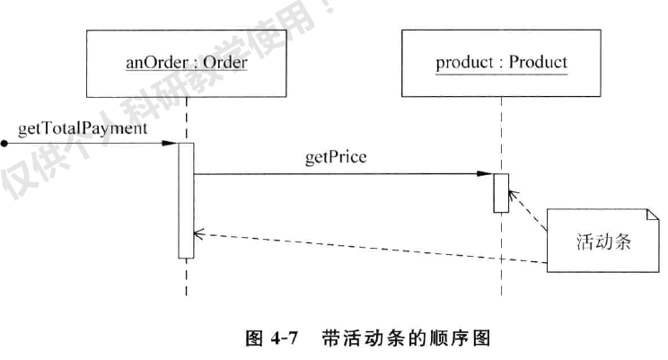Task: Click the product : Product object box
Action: [x=501, y=65]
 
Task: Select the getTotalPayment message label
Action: [x=83, y=127]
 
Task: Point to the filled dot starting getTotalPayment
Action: [x=5, y=143]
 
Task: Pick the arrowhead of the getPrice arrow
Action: [x=488, y=175]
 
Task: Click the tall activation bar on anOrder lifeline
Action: [x=186, y=199]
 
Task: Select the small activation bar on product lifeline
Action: [x=501, y=192]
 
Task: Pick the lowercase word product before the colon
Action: [x=465, y=65]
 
